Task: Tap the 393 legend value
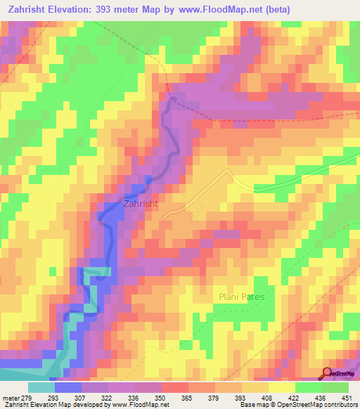point(242,397)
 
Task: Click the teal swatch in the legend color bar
point(41,387)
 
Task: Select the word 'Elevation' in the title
point(74,9)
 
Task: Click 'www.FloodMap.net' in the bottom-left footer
point(138,405)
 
